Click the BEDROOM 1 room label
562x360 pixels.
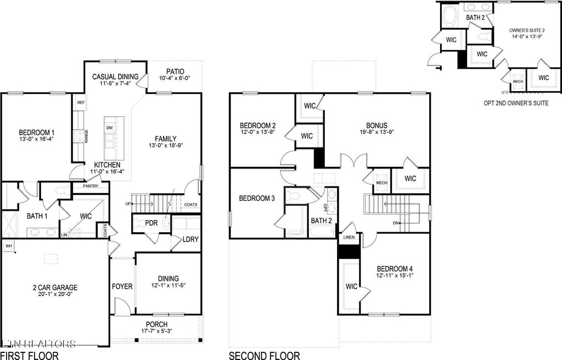[x=37, y=132]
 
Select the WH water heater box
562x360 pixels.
[x=8, y=246]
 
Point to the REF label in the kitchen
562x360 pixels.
[x=81, y=103]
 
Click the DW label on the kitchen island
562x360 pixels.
[x=109, y=128]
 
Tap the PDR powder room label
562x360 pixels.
[x=151, y=223]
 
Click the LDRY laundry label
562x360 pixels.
[x=190, y=240]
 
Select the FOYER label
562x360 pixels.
[x=122, y=286]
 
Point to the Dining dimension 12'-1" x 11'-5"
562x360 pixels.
[x=168, y=286]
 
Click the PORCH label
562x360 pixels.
[x=156, y=324]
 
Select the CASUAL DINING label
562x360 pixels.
[x=115, y=77]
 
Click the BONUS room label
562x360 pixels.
[x=377, y=125]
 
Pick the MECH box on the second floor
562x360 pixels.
[x=381, y=183]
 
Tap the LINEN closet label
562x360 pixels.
[x=349, y=238]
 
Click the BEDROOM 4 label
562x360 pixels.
[x=395, y=269]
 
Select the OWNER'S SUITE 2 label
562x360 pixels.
[x=526, y=30]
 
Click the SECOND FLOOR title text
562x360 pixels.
[x=265, y=356]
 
